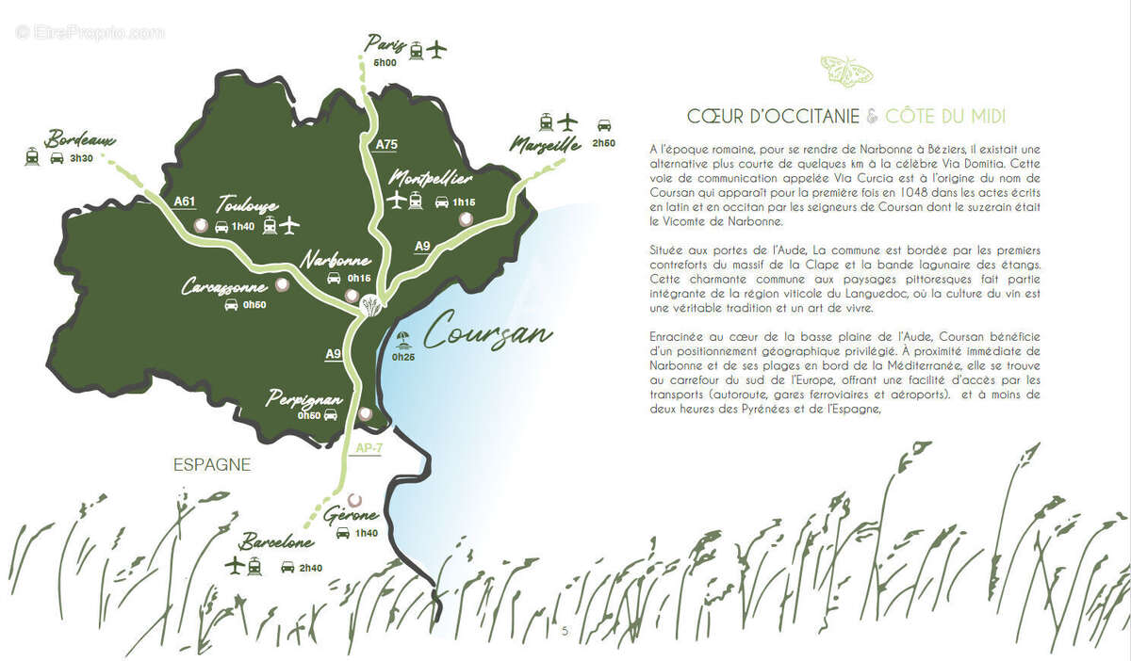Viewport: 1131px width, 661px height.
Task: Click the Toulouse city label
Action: click(247, 204)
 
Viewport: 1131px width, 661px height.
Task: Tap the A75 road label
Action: click(386, 145)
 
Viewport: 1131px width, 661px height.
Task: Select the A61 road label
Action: click(185, 201)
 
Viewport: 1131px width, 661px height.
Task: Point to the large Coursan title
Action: click(488, 330)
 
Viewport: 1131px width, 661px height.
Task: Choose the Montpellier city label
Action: click(430, 178)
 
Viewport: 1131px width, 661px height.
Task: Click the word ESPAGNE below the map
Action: click(212, 464)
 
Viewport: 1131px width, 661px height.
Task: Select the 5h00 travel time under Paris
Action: click(385, 63)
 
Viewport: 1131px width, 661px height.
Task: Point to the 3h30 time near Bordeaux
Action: click(81, 158)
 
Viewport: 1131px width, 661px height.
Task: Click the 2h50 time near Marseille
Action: click(603, 143)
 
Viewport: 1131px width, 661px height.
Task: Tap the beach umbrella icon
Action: click(402, 341)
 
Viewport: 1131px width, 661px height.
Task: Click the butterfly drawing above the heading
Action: click(846, 70)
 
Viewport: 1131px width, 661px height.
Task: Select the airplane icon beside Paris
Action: click(435, 49)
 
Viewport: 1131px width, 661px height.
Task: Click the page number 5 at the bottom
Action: click(565, 630)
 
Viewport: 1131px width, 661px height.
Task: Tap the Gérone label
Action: click(351, 516)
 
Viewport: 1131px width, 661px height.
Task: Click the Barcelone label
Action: click(275, 543)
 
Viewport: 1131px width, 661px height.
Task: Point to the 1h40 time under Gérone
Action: click(365, 534)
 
